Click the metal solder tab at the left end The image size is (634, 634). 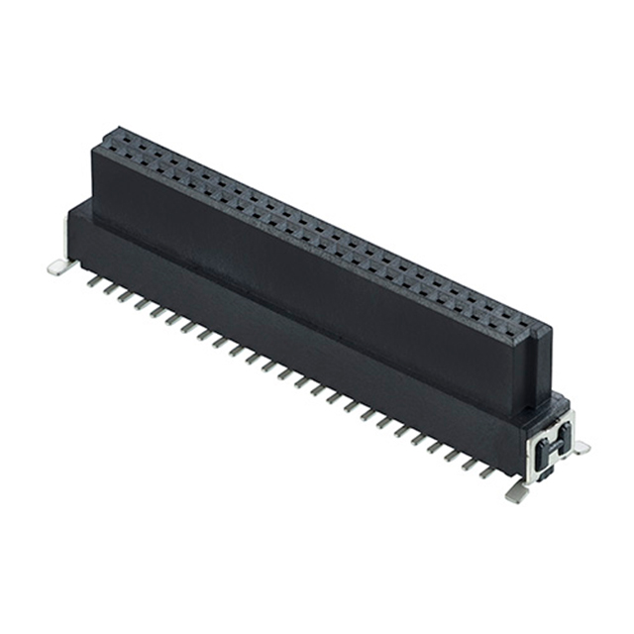click(59, 264)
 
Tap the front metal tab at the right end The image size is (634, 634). click(516, 490)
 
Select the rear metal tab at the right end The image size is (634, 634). click(581, 448)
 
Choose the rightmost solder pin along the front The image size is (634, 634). click(487, 471)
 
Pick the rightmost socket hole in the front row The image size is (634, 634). click(517, 329)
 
